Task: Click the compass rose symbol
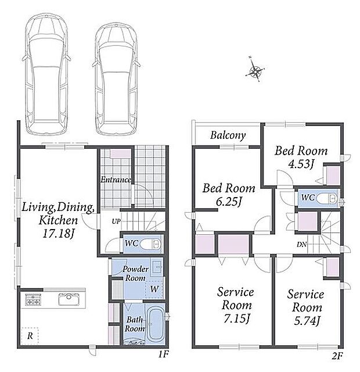[x=255, y=70]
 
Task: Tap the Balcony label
[x=228, y=135]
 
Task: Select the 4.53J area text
[x=301, y=163]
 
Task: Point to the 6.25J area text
[x=228, y=202]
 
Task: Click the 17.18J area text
[x=58, y=233]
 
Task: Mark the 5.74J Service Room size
[x=307, y=321]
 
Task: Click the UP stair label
[x=116, y=221]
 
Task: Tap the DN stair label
[x=301, y=244]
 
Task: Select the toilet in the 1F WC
[x=150, y=244]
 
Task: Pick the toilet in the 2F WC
[x=327, y=198]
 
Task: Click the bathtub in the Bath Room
[x=154, y=324]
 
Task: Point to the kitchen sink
[x=69, y=299]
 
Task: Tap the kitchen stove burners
[x=33, y=299]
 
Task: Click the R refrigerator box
[x=30, y=336]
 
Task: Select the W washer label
[x=154, y=289]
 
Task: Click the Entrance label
[x=116, y=180]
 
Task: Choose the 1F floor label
[x=163, y=355]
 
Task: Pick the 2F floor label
[x=337, y=356]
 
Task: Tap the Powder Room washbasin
[x=157, y=269]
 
